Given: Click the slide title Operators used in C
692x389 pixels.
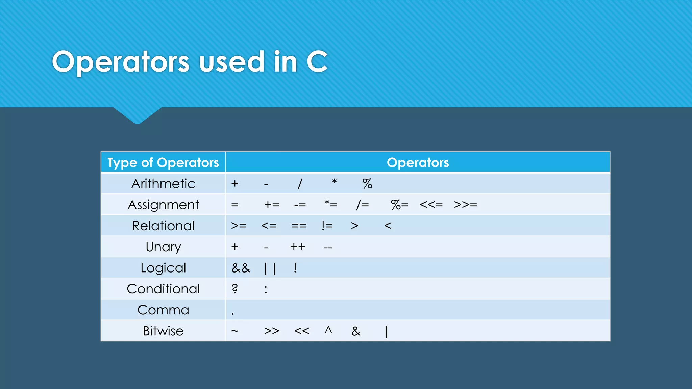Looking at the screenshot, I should (189, 62).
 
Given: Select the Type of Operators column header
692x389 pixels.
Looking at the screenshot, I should (163, 163).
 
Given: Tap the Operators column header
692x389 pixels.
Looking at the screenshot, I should (418, 163).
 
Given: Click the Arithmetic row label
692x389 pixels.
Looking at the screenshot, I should (163, 184).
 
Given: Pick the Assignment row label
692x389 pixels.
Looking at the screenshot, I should (163, 205).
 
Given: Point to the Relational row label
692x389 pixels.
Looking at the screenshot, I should (163, 226).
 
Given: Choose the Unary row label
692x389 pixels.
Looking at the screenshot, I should (163, 247).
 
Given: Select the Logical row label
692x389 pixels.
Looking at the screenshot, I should (163, 268).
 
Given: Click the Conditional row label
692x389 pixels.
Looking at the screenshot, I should (163, 289).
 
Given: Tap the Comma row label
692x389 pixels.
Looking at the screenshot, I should (163, 310).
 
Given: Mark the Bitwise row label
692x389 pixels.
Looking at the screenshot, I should (163, 331).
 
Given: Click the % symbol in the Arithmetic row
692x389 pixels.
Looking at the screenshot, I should (367, 184).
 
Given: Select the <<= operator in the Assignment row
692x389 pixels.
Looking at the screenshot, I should (431, 205).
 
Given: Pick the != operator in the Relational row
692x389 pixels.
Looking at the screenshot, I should (327, 226).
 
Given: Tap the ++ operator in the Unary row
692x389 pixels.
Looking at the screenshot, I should (298, 247).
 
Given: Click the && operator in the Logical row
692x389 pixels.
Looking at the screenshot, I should (241, 268).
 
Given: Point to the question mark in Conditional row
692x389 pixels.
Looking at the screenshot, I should (235, 289).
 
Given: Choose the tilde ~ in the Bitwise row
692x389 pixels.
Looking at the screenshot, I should (235, 331).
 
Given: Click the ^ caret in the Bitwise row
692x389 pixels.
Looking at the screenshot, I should (328, 330).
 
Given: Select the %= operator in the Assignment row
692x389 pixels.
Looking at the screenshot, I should (399, 205).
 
